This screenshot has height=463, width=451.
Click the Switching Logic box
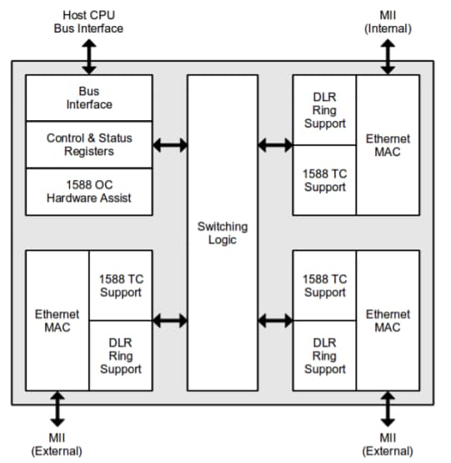point(222,233)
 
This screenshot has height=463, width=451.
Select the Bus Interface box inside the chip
point(89,98)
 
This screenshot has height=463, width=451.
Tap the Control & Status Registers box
point(89,144)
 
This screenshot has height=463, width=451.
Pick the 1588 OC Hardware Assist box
point(89,191)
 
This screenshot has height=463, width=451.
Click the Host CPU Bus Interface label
point(88,22)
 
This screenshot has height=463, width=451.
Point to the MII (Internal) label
point(388,22)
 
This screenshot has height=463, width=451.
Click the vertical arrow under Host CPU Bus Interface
point(88,55)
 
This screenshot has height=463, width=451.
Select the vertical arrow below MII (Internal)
point(388,55)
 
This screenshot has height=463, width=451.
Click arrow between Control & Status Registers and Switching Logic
point(170,145)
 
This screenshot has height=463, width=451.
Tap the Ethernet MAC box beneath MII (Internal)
point(388,145)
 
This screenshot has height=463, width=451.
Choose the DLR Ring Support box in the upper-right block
point(324,109)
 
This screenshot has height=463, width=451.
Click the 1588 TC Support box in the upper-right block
point(324,180)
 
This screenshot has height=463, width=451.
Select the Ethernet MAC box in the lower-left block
point(58,320)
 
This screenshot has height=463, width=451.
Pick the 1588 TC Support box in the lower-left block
point(121,285)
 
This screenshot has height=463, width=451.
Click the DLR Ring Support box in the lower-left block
point(121,355)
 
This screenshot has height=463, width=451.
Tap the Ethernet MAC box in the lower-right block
point(388,320)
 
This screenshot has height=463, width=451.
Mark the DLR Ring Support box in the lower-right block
point(324,355)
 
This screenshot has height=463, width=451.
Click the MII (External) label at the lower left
point(57,444)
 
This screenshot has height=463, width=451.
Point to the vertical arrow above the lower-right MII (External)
point(388,410)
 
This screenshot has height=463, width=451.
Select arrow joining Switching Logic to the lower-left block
point(170,320)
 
